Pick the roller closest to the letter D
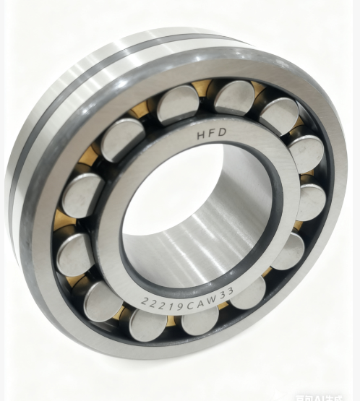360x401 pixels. (233, 97)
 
